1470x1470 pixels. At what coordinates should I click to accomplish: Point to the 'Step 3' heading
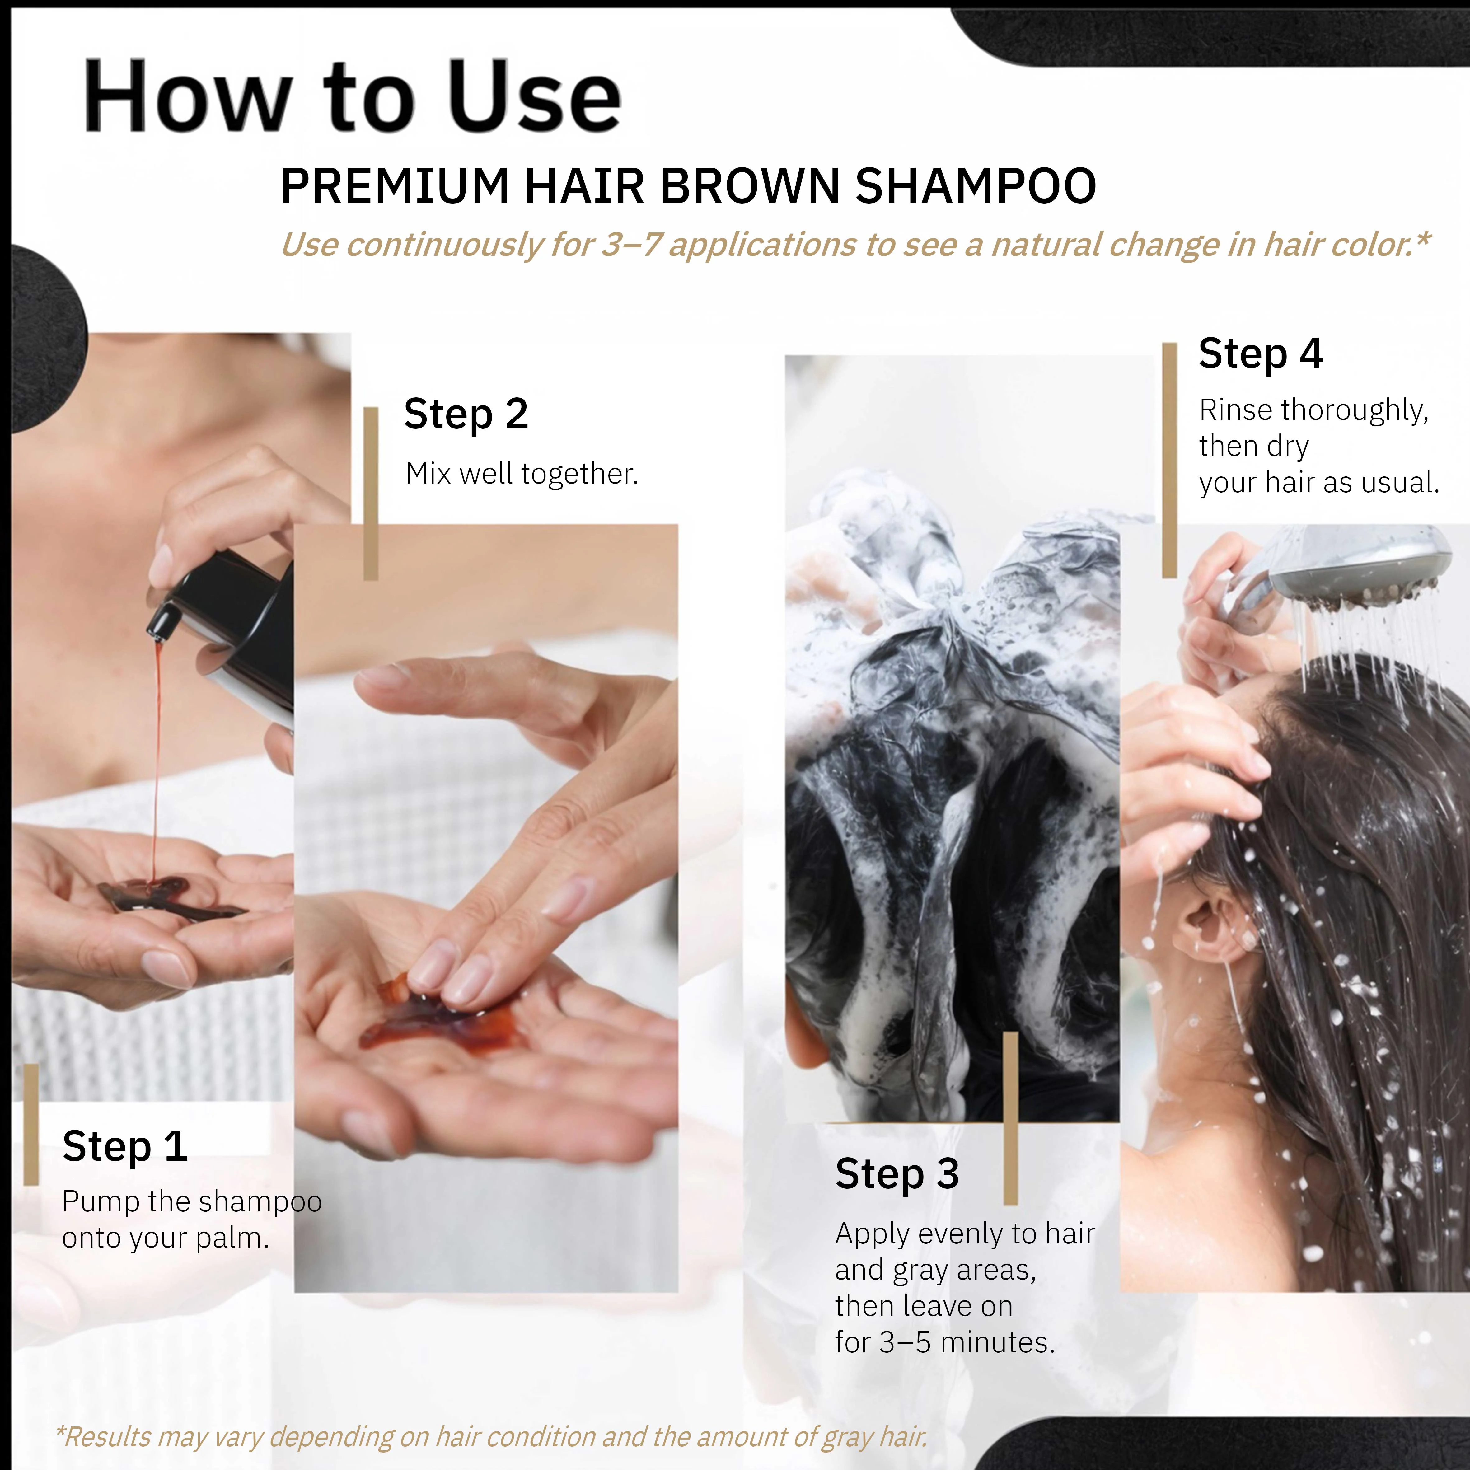(x=897, y=1173)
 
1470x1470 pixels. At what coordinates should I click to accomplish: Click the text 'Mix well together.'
(x=522, y=473)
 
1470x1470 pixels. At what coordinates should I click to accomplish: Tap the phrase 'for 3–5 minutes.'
(x=945, y=1342)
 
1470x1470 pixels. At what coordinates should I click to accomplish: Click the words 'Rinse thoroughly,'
(x=1314, y=410)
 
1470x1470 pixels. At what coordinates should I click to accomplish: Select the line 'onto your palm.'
(x=166, y=1238)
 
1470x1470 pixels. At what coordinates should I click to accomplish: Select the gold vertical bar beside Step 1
(x=31, y=1125)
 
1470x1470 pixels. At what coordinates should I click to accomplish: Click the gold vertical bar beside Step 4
(x=1169, y=460)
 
